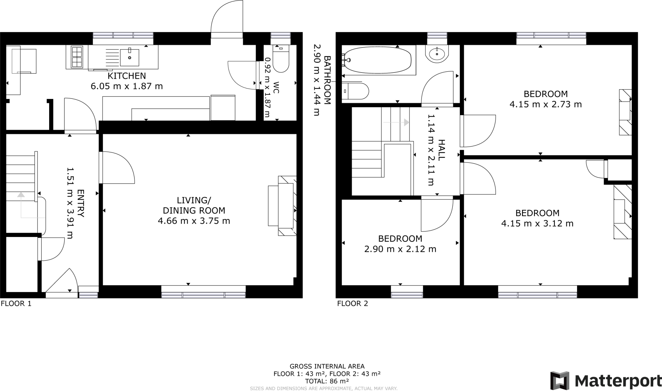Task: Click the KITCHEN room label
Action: point(126,76)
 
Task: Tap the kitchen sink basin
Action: point(129,57)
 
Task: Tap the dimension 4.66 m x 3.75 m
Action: point(194,221)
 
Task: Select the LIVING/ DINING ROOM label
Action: point(194,205)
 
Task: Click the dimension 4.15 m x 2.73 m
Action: point(545,105)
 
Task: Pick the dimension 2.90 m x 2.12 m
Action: point(400,249)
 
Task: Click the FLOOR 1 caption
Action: point(16,304)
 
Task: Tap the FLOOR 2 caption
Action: point(352,304)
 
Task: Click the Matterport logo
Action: point(605,381)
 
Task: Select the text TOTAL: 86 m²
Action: point(327,381)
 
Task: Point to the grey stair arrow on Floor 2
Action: point(397,122)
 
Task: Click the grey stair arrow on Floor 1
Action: point(21,204)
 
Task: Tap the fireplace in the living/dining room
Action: point(286,206)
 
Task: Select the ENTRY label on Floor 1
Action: point(80,203)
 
